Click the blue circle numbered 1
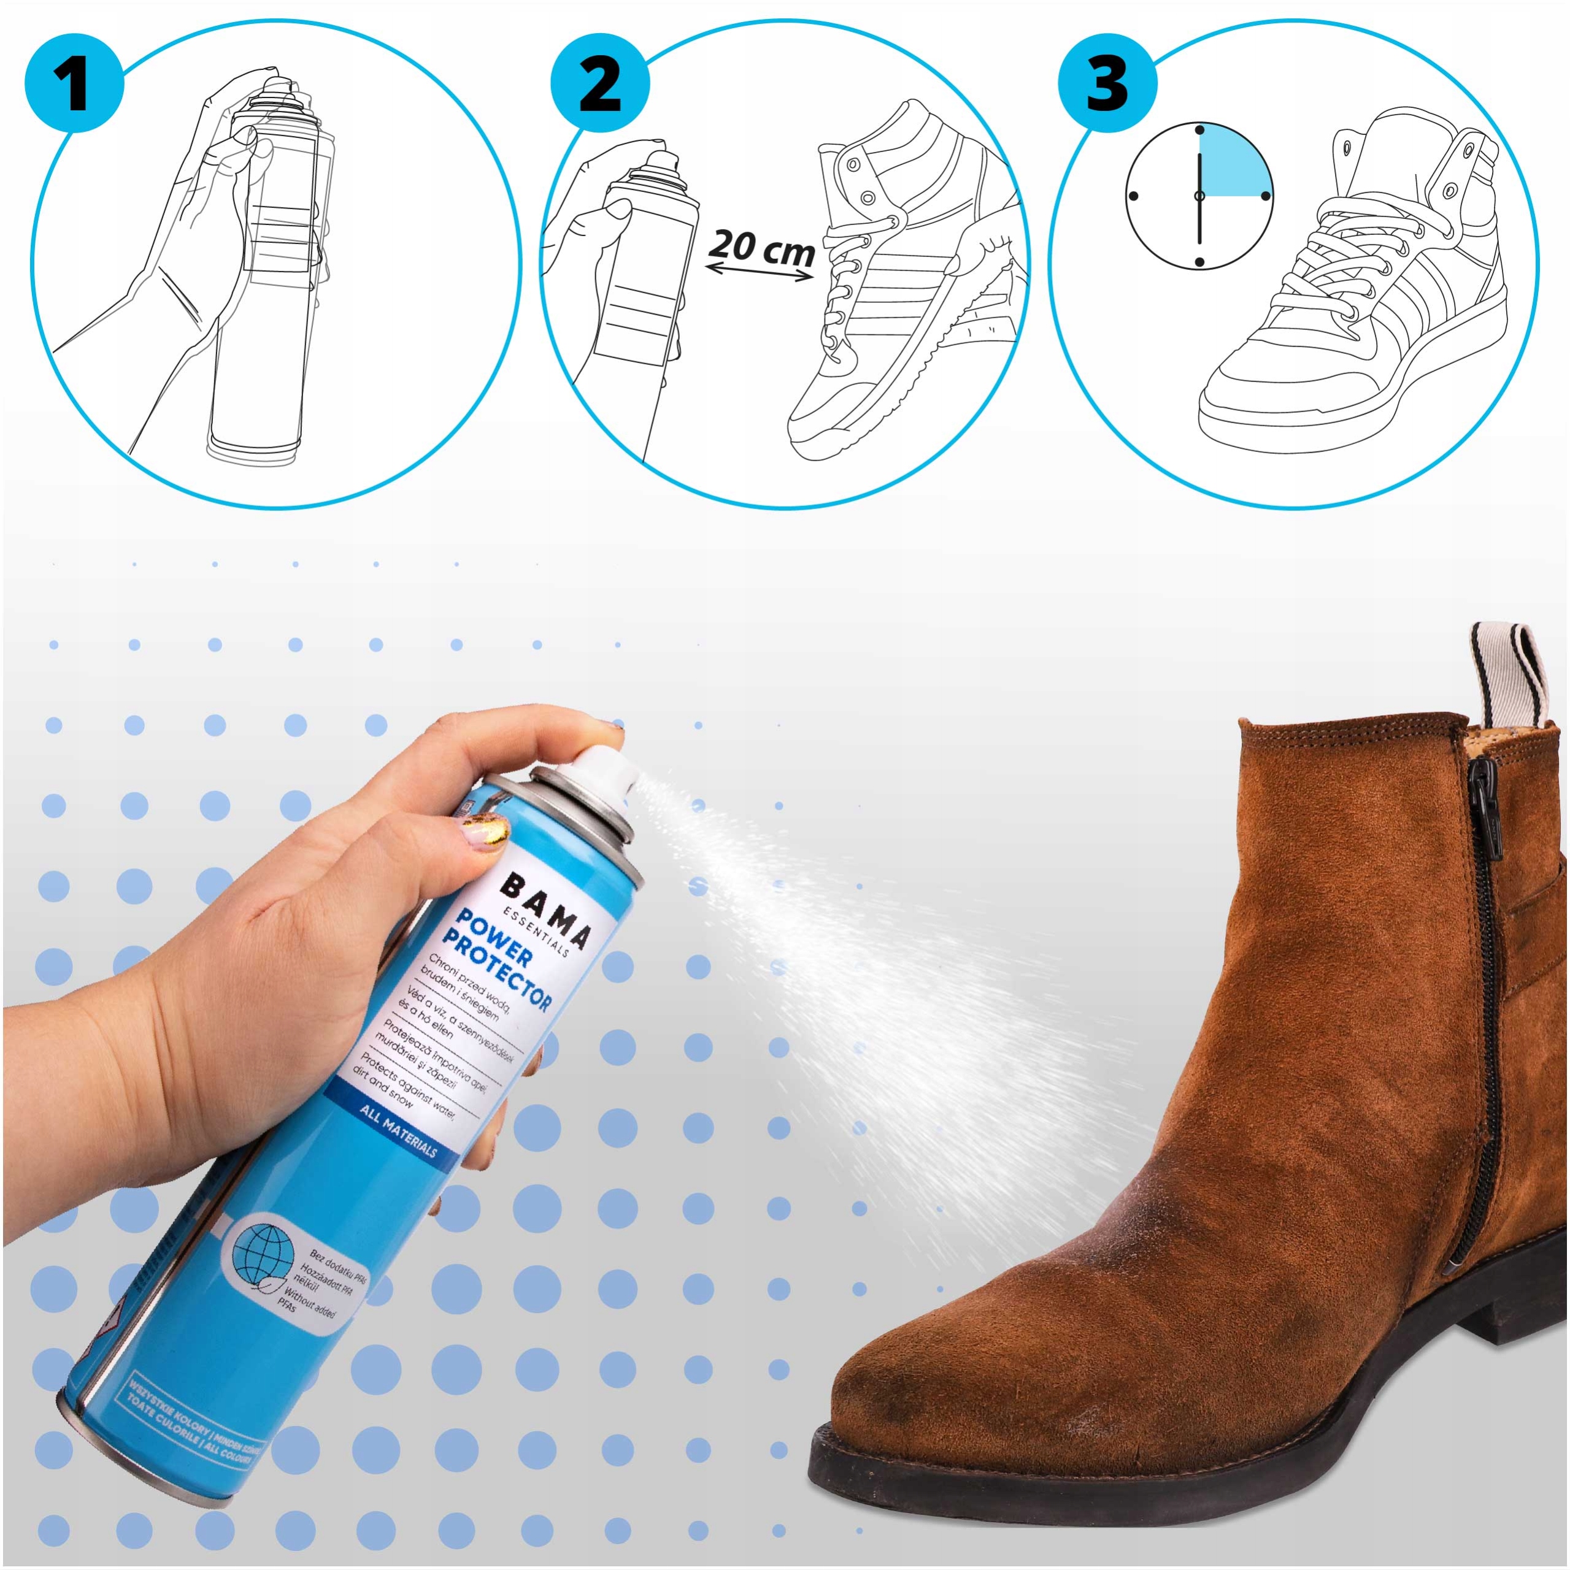tap(74, 83)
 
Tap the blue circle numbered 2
tap(600, 83)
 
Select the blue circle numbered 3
tap(1107, 83)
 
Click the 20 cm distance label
tap(762, 245)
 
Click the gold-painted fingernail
tap(485, 830)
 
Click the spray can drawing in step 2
tap(642, 277)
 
